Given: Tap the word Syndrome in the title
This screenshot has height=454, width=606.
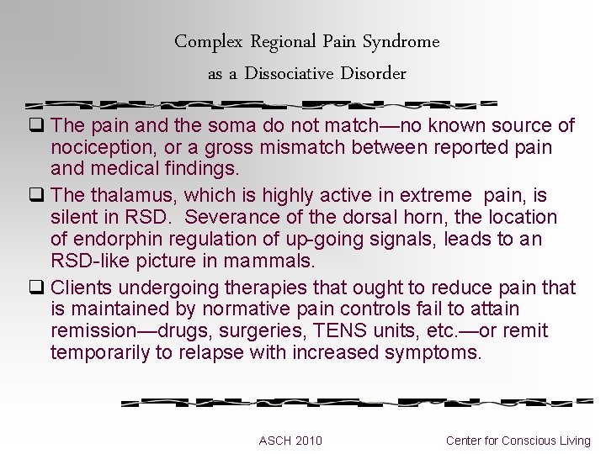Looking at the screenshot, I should click(401, 41).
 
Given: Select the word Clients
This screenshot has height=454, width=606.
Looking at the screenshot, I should click(82, 288).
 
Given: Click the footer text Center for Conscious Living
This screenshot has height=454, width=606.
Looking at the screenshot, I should click(518, 441).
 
